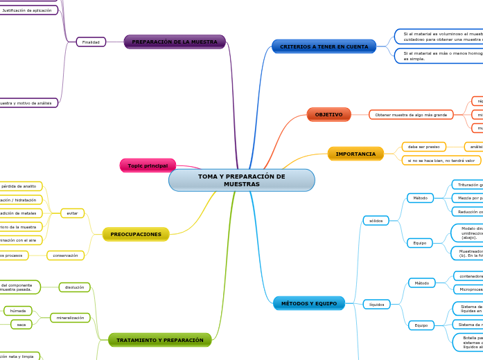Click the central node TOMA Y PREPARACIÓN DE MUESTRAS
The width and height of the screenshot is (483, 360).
[241, 180]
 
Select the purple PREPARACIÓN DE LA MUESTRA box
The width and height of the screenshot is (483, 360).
[175, 42]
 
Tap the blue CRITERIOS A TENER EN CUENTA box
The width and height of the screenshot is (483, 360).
[324, 46]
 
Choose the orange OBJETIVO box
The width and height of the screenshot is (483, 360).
[328, 114]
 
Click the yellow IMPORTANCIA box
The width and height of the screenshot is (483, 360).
[355, 154]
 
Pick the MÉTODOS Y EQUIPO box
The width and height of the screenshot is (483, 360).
[309, 303]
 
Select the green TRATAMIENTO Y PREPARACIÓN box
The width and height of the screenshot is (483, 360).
[159, 340]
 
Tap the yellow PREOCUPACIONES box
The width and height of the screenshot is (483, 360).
[136, 234]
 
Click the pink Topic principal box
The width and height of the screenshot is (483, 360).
[148, 165]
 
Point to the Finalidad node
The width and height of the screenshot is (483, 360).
[91, 42]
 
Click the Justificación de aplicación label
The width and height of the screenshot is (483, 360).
[27, 10]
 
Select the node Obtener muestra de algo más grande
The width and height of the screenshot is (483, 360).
[411, 114]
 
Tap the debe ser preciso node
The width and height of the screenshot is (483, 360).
[423, 147]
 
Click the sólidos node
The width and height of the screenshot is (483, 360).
[376, 220]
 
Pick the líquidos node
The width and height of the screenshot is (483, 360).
[377, 304]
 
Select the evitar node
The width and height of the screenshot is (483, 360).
[73, 213]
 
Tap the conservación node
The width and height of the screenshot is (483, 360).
[65, 255]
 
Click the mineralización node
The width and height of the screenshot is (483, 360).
[70, 318]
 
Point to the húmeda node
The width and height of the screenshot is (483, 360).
[18, 311]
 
